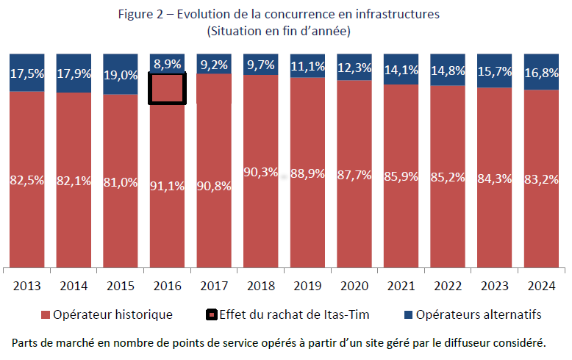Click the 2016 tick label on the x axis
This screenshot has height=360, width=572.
click(x=168, y=285)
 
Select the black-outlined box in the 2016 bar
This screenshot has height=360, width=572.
click(x=168, y=88)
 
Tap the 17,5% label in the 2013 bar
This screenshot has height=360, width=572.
click(x=27, y=73)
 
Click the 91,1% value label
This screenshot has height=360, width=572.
click(x=168, y=186)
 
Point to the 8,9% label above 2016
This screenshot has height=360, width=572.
click(x=168, y=64)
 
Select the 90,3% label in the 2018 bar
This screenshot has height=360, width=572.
click(x=261, y=173)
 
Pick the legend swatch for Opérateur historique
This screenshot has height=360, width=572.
click(x=45, y=315)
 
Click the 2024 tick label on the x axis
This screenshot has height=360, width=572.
click(x=542, y=285)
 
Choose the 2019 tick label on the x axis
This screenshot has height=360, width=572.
click(x=308, y=285)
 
